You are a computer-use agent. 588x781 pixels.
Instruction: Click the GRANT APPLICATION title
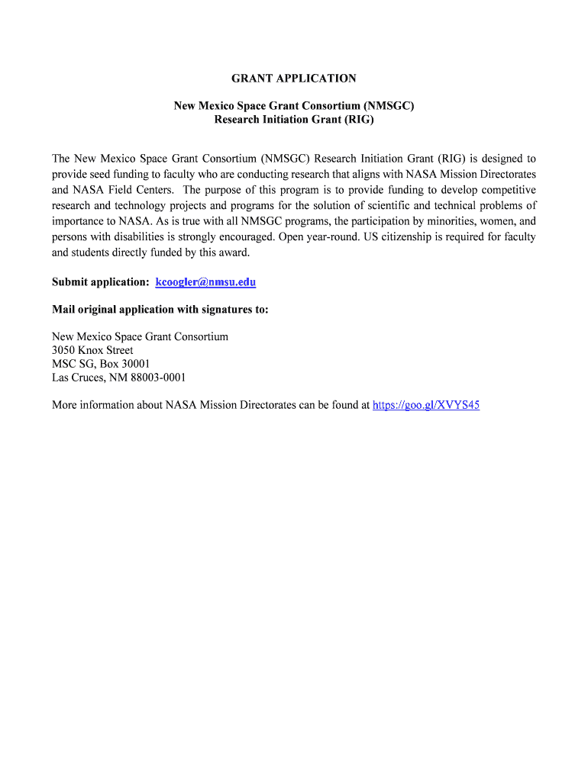click(x=294, y=79)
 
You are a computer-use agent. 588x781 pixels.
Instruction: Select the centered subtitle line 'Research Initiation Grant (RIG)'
click(x=294, y=120)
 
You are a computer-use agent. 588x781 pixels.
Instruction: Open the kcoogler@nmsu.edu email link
click(x=205, y=282)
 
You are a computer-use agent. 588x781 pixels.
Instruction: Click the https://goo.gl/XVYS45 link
click(x=425, y=406)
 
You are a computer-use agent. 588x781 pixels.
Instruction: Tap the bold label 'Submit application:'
click(x=100, y=282)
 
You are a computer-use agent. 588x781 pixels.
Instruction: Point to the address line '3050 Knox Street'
click(x=92, y=351)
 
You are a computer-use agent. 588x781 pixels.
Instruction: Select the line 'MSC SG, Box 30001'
click(x=101, y=364)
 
